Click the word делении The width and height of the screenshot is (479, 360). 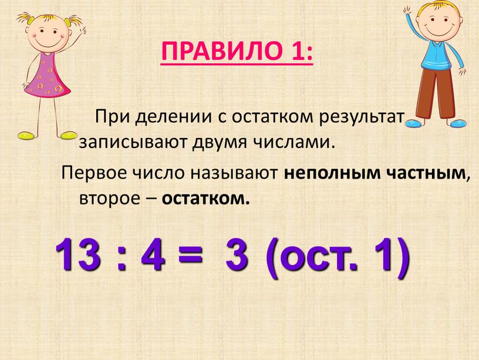coord(173,117)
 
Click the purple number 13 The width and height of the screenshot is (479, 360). coord(78,255)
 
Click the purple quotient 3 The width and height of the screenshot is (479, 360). coord(237,255)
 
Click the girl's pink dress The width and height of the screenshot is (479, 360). coord(48,77)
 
